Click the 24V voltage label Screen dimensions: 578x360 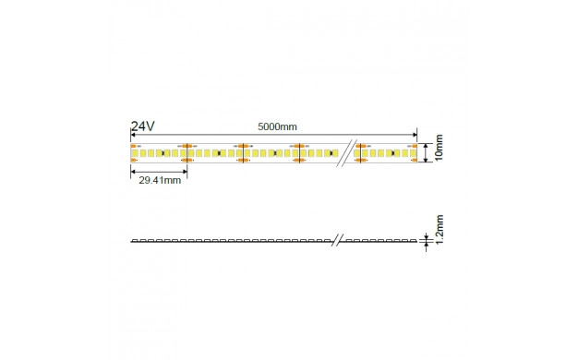(x=143, y=126)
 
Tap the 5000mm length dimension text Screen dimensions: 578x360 (x=277, y=126)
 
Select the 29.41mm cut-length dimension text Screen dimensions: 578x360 (x=160, y=180)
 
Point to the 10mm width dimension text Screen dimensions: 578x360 (x=439, y=148)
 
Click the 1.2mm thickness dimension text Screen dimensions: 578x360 (x=439, y=229)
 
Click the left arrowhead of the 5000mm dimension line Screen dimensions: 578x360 (x=133, y=135)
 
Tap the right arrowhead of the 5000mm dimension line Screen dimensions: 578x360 (x=415, y=135)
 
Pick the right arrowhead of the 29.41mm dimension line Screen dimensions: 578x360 (x=185, y=172)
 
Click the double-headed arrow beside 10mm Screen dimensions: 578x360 (x=426, y=153)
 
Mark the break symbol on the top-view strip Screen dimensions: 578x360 (x=347, y=153)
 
